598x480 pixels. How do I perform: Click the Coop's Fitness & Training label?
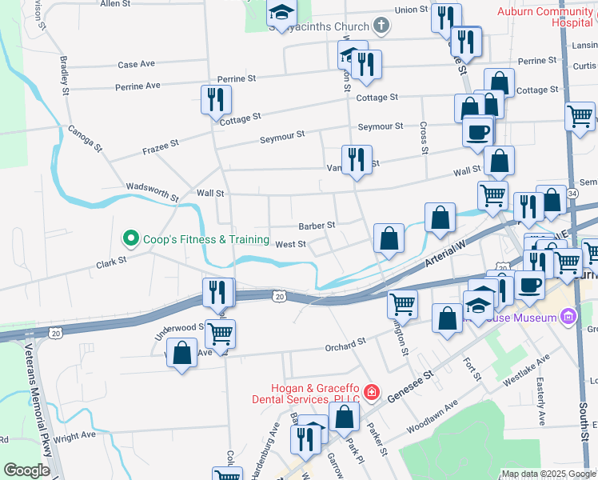tap(205, 239)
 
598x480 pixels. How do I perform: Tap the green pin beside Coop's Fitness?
tap(130, 238)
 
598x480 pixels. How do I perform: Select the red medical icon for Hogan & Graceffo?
tap(371, 392)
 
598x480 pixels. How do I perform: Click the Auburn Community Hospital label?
tap(546, 17)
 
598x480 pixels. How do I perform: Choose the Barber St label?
tap(317, 226)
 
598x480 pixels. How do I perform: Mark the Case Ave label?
tap(136, 64)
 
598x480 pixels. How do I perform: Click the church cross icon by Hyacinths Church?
tap(381, 26)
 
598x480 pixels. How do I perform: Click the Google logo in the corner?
tap(27, 470)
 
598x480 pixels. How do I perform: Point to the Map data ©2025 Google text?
tap(547, 474)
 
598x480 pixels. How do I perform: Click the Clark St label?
tap(112, 262)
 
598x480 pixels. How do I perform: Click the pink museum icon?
tap(568, 318)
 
